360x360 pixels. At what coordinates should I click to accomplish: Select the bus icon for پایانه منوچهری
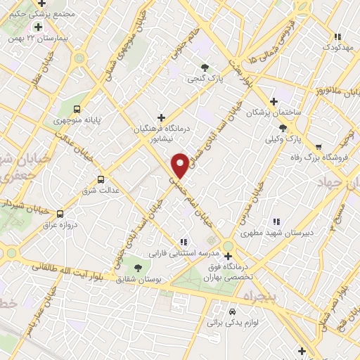pyautogui.click(x=77, y=110)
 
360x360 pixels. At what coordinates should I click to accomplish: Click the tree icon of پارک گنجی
pyautogui.click(x=205, y=68)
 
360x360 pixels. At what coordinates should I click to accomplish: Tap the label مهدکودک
pyautogui.click(x=337, y=46)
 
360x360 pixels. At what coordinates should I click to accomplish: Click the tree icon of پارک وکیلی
pyautogui.click(x=283, y=127)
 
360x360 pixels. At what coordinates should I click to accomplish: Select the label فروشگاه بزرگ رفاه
pyautogui.click(x=323, y=157)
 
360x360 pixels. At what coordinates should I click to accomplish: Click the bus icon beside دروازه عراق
pyautogui.click(x=60, y=213)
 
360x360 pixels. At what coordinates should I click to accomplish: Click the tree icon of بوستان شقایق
pyautogui.click(x=137, y=267)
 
